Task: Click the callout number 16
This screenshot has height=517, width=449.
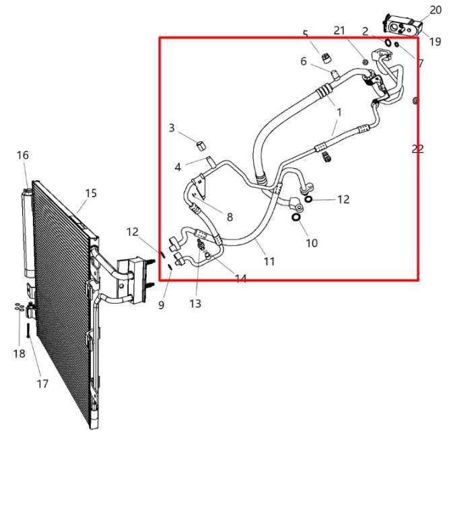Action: [23, 156]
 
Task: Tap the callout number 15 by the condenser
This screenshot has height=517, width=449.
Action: [91, 193]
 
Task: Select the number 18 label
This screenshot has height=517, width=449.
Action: [19, 353]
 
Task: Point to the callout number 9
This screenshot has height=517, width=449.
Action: [161, 305]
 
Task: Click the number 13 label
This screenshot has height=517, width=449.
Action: [195, 304]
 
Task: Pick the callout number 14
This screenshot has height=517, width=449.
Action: [240, 279]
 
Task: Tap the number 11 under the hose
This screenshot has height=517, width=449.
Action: [269, 261]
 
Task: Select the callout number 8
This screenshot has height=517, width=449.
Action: [230, 217]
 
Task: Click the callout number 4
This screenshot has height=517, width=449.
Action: [178, 167]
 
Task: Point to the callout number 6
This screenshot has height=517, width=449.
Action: [304, 61]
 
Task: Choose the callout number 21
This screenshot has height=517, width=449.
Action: [339, 30]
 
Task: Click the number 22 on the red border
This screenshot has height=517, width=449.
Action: [417, 149]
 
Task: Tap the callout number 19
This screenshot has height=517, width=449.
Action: [435, 42]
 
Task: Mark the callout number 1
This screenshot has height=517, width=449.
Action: [339, 112]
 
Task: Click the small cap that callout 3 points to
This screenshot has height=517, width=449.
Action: [200, 143]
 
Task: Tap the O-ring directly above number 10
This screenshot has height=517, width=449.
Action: [296, 217]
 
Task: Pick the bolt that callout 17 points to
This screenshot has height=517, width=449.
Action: [27, 331]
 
